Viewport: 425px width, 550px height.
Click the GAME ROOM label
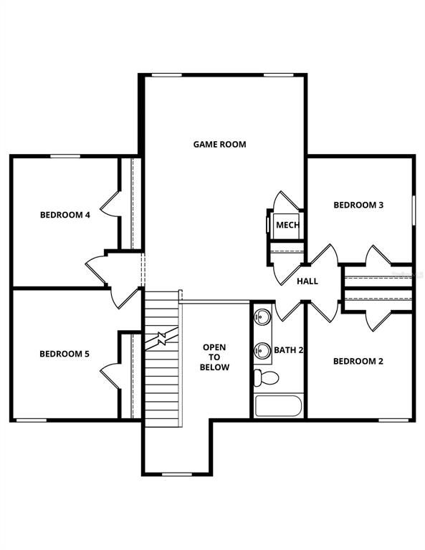(219, 144)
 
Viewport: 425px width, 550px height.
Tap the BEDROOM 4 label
(65, 214)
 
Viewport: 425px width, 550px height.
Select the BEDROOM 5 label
(65, 353)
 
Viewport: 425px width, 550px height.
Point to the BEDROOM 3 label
(358, 205)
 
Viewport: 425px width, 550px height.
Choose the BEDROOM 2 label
(358, 361)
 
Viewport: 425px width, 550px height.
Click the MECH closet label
(287, 226)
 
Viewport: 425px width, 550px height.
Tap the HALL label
(307, 281)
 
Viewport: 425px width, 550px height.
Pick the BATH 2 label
(289, 350)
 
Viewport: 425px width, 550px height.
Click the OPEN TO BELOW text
(215, 357)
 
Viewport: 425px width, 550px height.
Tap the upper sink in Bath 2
(262, 315)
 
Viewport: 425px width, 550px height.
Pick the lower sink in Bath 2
(262, 350)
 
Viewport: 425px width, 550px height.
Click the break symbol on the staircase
(163, 337)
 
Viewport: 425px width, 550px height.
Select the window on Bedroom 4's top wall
(64, 156)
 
